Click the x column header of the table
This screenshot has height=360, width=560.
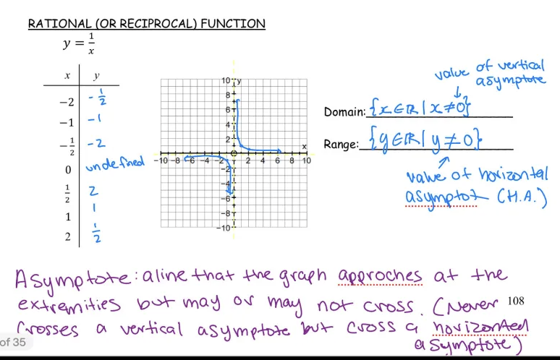pos(67,76)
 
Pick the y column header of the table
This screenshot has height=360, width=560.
pos(96,76)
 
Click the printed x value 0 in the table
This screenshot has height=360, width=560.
pos(68,170)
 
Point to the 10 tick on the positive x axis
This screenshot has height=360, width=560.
pos(306,160)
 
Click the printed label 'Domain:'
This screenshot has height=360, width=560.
pos(344,112)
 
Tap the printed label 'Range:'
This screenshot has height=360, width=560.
pos(341,145)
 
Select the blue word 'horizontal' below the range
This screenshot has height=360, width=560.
pos(514,174)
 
